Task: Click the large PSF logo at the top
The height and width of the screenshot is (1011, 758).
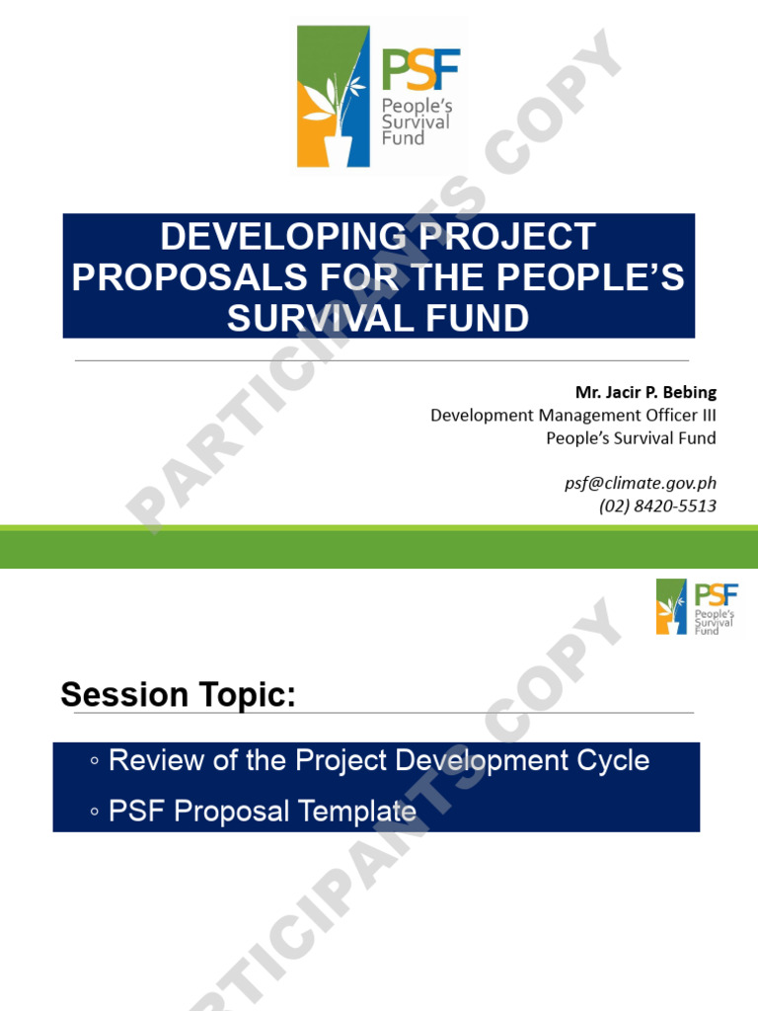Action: pos(379,96)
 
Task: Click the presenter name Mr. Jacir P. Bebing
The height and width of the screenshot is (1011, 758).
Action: pos(639,393)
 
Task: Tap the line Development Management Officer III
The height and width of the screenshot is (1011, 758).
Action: pos(573,416)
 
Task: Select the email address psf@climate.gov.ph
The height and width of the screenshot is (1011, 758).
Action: pos(640,483)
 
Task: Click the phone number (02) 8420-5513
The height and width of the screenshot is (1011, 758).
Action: pos(657,505)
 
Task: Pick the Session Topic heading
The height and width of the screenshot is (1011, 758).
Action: pos(178,695)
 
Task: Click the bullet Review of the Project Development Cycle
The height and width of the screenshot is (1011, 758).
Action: pos(378,761)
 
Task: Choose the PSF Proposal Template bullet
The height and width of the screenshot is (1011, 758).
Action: pos(262,812)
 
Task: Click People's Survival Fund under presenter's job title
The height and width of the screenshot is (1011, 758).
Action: pos(631,438)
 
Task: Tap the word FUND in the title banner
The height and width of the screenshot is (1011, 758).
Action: pos(480,318)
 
